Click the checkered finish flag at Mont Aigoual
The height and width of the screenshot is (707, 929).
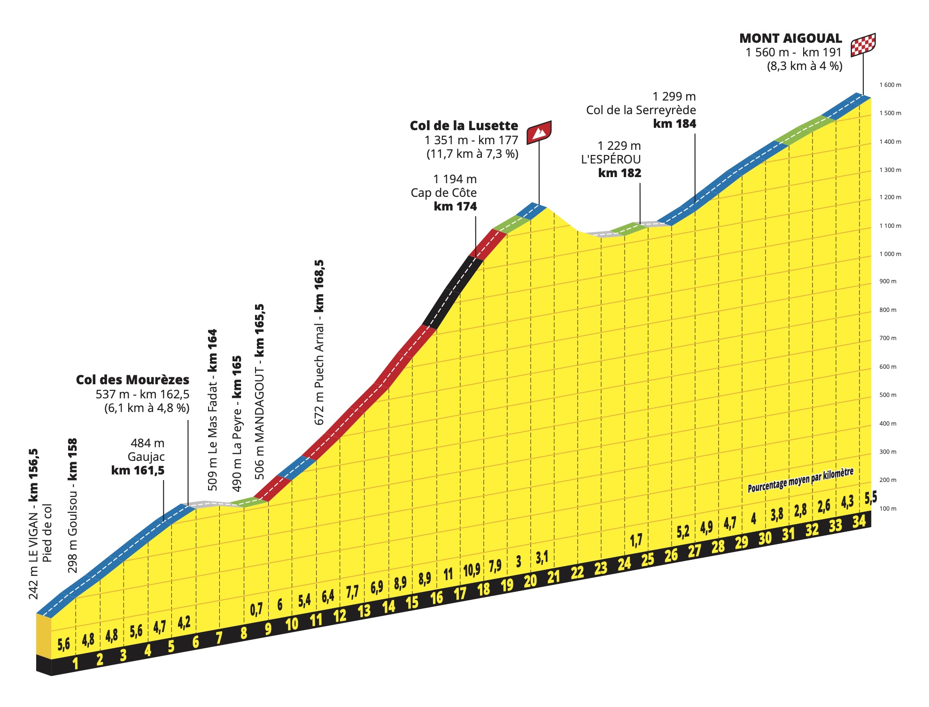pos(863,45)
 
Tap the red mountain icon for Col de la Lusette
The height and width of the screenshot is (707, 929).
pos(539,132)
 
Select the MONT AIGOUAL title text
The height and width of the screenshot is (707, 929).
pos(790,39)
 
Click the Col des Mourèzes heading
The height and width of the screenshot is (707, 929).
pos(132,380)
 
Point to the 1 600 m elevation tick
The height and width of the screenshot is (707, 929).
pos(890,85)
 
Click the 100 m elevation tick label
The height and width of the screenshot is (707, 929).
pos(887,508)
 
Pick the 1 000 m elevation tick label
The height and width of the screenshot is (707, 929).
pos(890,254)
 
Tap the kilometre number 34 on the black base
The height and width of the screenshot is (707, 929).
pos(859,521)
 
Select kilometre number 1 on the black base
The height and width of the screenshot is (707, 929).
pos(75,663)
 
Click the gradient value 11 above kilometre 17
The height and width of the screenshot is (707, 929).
pos(448,574)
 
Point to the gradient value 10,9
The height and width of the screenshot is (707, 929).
pos(472,570)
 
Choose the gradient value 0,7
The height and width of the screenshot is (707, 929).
pos(256,609)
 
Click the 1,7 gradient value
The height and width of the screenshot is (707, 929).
pos(636,540)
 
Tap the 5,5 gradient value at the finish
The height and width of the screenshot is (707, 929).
pos(870,497)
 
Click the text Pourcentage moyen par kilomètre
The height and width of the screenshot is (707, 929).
pos(800,480)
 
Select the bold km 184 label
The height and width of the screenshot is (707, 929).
pos(674,124)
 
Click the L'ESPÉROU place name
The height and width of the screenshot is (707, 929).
pos(611,159)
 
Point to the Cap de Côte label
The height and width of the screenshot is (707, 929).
pos(443,193)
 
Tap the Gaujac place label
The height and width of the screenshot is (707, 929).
pos(146,457)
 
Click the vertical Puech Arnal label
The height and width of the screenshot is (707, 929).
pos(319,343)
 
